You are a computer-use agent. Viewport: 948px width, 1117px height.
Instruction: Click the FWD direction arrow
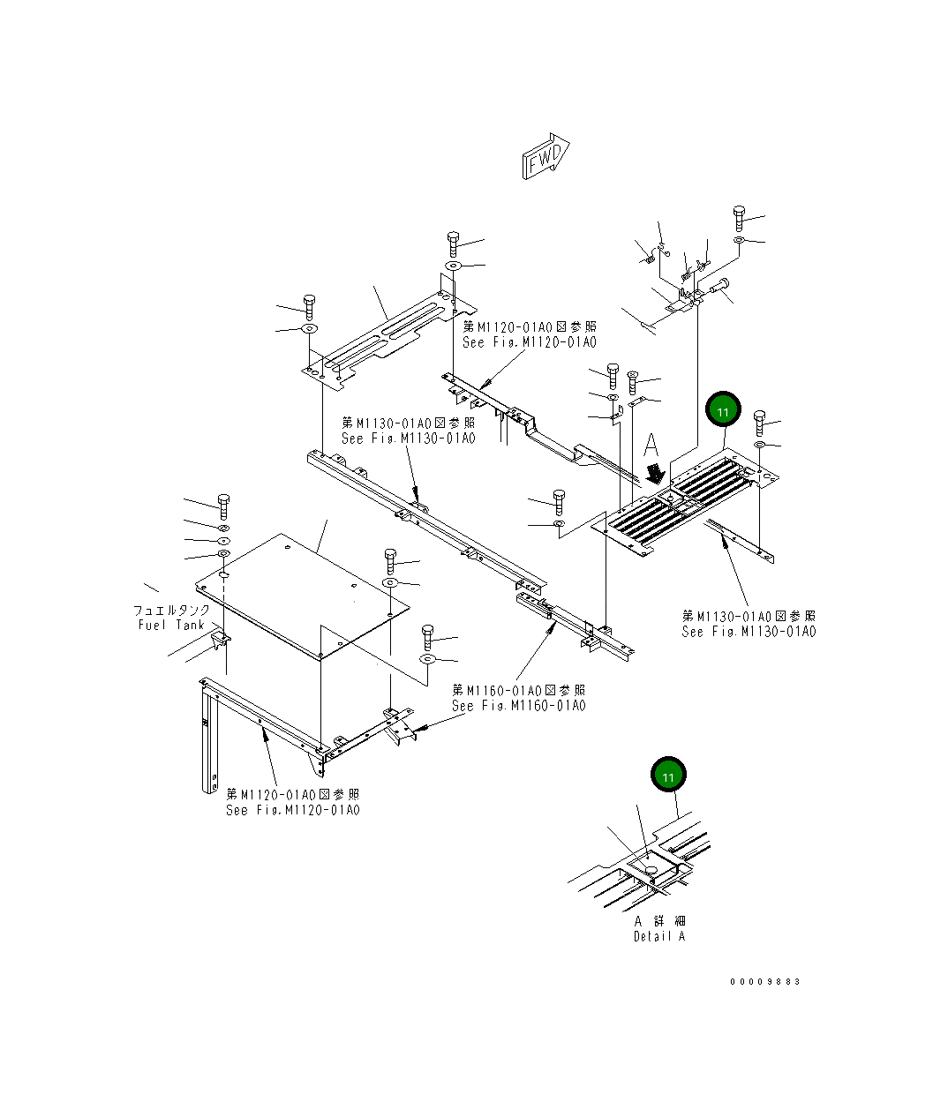pos(545,157)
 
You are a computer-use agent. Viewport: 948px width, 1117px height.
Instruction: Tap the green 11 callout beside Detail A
pos(668,776)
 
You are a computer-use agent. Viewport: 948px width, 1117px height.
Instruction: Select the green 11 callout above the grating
pos(723,411)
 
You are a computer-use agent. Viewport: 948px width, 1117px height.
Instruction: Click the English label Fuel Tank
pos(171,625)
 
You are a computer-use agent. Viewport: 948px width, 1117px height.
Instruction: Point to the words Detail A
pos(658,936)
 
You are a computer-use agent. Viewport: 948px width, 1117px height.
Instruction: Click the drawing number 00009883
pos(764,981)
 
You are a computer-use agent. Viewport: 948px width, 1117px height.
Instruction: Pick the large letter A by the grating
pos(651,443)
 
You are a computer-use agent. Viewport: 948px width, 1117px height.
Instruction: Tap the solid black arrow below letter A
pos(654,473)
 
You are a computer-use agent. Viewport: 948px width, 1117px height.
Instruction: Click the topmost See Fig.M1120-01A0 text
pos(530,342)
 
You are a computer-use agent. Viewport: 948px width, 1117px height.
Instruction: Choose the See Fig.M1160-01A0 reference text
pos(518,705)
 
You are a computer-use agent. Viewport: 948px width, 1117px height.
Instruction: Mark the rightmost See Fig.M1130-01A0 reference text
pos(749,631)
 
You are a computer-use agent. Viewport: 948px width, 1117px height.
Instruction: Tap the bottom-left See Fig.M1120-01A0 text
pos(292,810)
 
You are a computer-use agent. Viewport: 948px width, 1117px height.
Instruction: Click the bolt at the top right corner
pos(739,217)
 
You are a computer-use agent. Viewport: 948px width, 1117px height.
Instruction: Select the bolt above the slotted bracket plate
pos(453,243)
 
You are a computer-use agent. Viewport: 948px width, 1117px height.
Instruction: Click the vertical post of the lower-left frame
pos(208,741)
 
